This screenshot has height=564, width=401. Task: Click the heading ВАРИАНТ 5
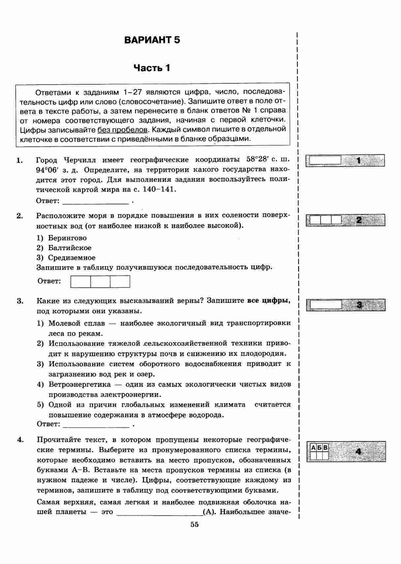(x=152, y=40)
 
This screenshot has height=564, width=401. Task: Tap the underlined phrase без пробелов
(x=122, y=129)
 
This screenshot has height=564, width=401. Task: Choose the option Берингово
(x=67, y=238)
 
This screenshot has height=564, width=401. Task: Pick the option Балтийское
(x=70, y=248)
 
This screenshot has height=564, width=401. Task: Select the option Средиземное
(x=72, y=258)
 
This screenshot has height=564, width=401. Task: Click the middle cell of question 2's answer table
(x=100, y=282)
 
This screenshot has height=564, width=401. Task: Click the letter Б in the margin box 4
(x=320, y=448)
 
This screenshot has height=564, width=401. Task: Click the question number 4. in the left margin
(x=20, y=440)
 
